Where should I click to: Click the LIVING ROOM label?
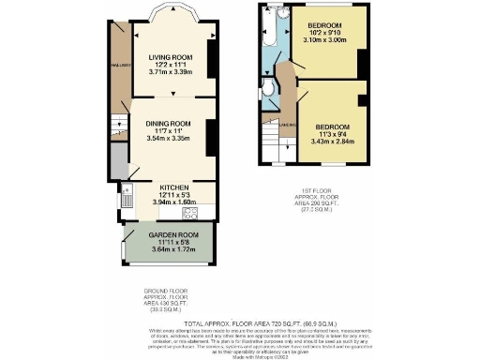(170, 57)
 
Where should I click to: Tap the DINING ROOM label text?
(169, 124)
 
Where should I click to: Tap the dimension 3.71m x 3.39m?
(170, 71)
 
